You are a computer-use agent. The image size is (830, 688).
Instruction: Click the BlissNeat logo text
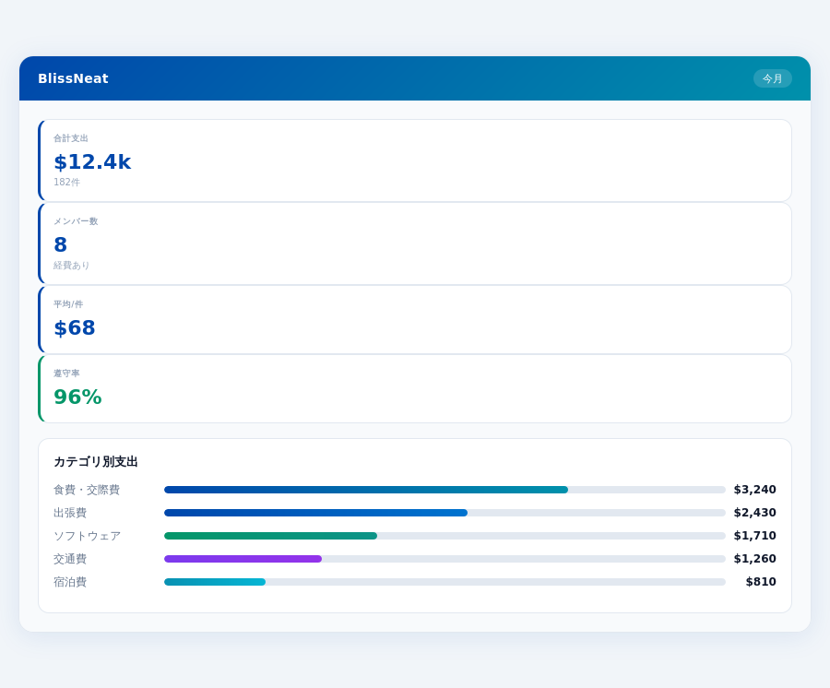coord(73,78)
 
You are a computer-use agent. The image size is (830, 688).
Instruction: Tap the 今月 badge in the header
coord(772,78)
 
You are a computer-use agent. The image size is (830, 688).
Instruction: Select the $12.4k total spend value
coord(92,162)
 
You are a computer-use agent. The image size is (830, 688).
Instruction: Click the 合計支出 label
coord(71,138)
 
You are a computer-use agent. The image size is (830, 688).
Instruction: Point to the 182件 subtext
coord(66,183)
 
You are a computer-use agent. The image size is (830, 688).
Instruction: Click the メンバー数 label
coord(76,221)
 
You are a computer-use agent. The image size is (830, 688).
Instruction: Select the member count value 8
coord(61,245)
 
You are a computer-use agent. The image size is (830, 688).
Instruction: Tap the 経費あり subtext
coord(72,266)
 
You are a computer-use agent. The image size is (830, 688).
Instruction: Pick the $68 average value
coord(75,328)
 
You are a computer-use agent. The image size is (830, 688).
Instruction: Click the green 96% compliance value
coord(77,397)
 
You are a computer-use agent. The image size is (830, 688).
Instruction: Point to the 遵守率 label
coord(66,374)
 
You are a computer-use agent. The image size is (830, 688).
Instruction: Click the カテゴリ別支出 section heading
coord(96,462)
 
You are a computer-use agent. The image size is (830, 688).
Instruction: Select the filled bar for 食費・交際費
coord(366,490)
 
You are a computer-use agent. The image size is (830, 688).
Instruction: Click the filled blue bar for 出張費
coord(315,513)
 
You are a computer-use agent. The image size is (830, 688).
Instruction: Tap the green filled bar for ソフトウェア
coord(270,536)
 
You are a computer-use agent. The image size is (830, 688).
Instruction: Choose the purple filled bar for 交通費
coord(243,559)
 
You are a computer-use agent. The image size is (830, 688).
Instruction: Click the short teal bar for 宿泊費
coord(215,582)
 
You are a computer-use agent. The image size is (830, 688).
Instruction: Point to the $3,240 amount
coord(754,490)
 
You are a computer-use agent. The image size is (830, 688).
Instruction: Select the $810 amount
coord(761,582)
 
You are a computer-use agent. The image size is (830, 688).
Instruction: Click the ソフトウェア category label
coord(87,536)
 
